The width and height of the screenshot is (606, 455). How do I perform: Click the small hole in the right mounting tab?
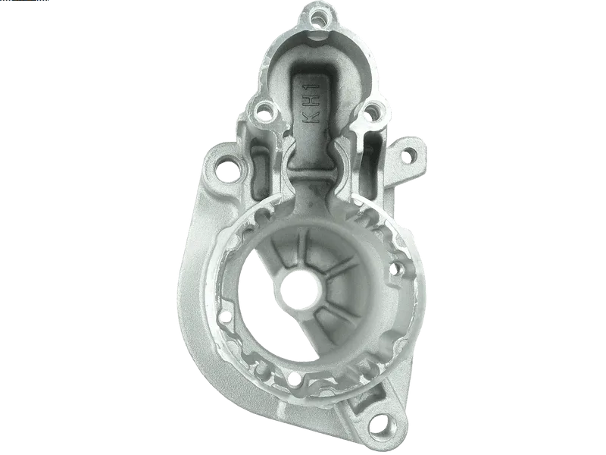tap(408, 156)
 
